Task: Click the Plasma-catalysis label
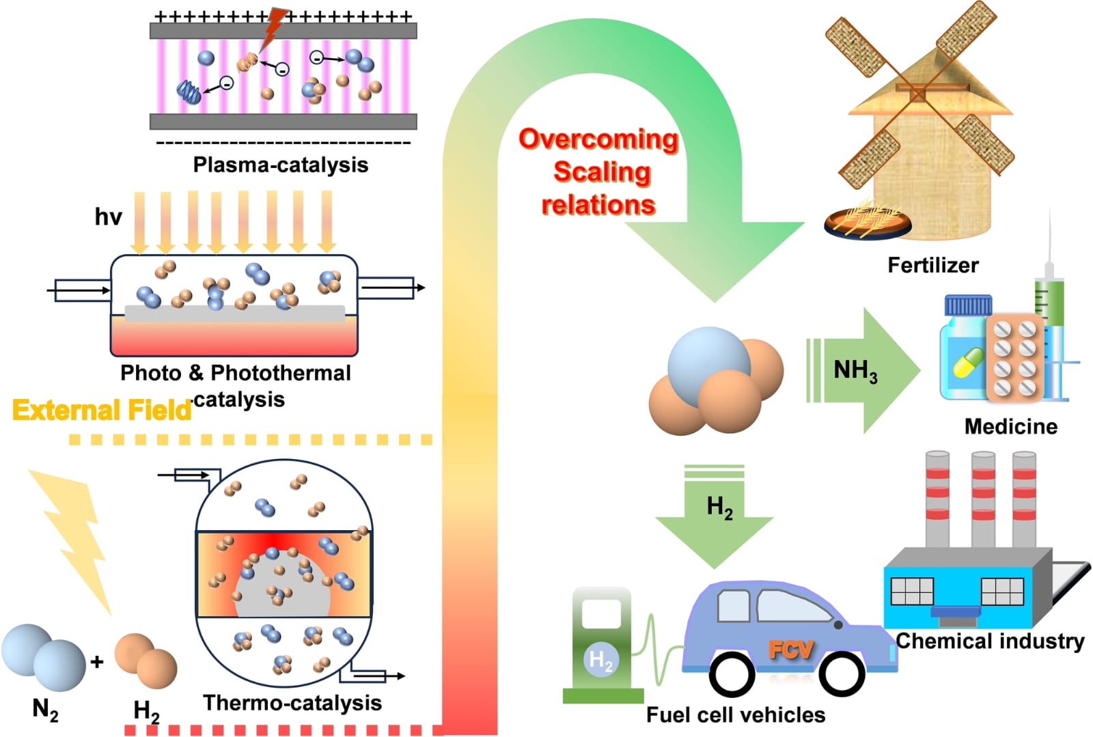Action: pyautogui.click(x=280, y=165)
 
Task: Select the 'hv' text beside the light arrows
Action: pyautogui.click(x=108, y=217)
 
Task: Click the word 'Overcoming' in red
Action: pyautogui.click(x=598, y=139)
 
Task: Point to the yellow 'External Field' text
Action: pyautogui.click(x=102, y=410)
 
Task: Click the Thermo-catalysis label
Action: pyautogui.click(x=292, y=703)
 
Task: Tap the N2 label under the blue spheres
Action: pyautogui.click(x=45, y=710)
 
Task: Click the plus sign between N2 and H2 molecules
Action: pyautogui.click(x=97, y=661)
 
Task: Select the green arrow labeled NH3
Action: pyautogui.click(x=864, y=371)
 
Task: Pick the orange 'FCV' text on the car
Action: pyautogui.click(x=790, y=650)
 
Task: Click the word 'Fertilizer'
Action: pyautogui.click(x=932, y=265)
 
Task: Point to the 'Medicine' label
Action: pyautogui.click(x=1010, y=426)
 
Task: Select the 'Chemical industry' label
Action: pyautogui.click(x=990, y=641)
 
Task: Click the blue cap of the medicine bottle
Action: pyautogui.click(x=967, y=305)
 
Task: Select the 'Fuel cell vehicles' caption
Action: pyautogui.click(x=735, y=715)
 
